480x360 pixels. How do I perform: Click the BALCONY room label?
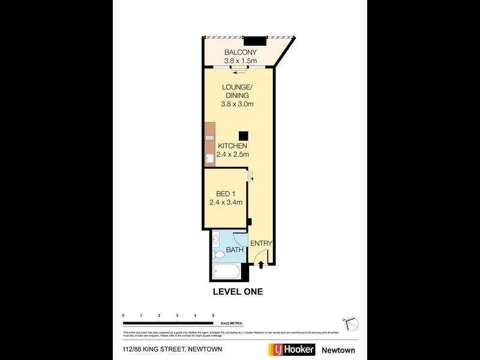click(240, 52)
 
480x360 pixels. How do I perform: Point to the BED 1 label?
click(226, 194)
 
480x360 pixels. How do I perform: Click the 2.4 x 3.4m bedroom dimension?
click(226, 202)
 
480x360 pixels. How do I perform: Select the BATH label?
click(233, 250)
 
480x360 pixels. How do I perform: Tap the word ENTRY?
click(261, 243)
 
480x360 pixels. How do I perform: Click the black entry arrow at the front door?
click(260, 263)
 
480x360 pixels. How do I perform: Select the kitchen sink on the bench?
click(209, 159)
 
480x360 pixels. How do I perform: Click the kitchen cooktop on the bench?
click(209, 139)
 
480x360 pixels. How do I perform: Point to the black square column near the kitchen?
click(243, 136)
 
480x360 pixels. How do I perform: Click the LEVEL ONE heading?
click(238, 292)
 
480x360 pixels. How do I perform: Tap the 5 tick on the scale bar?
click(213, 315)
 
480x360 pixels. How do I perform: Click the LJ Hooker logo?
click(291, 350)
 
